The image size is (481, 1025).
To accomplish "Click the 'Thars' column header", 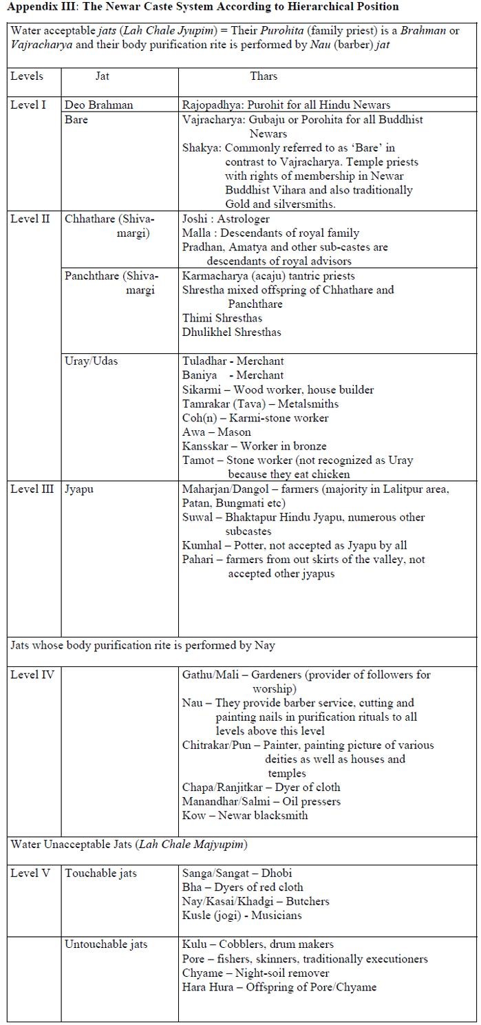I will (264, 76).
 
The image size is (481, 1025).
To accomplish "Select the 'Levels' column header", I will (27, 76).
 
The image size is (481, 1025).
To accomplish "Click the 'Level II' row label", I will (30, 219).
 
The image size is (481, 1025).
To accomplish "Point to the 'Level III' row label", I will (32, 489).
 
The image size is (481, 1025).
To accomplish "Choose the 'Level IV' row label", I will (31, 675).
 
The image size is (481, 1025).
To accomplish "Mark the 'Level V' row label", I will (30, 873).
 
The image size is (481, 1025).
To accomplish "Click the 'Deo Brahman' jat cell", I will (99, 105).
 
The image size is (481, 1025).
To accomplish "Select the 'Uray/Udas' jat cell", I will (91, 361).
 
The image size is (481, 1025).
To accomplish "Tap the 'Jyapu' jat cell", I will (79, 489).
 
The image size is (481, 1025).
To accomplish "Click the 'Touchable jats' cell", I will (100, 873).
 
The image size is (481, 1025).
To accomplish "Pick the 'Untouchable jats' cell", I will (106, 944).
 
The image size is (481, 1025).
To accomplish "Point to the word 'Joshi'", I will (195, 219).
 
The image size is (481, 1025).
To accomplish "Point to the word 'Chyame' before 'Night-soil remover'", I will (201, 973).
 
